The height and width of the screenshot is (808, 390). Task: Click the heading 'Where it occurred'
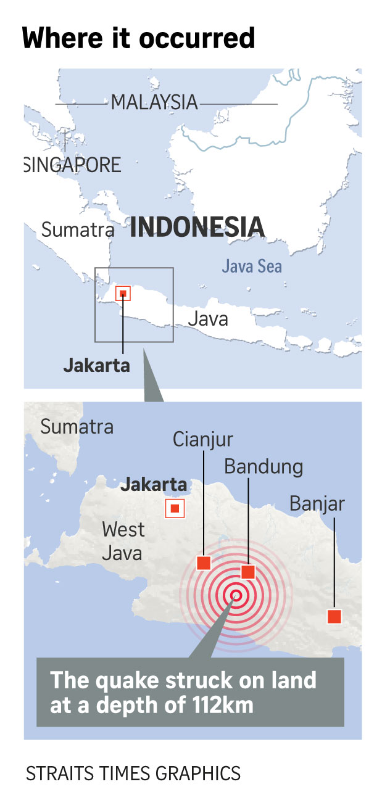[138, 38]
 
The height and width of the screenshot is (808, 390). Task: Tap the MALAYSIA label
[154, 102]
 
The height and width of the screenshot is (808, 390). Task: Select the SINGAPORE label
[73, 165]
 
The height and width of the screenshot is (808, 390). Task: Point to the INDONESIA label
[197, 227]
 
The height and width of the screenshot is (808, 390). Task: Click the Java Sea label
[252, 266]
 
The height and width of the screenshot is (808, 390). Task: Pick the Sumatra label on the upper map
[78, 230]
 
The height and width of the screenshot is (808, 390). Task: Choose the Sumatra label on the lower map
[77, 426]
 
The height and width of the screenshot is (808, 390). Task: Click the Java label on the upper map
[208, 319]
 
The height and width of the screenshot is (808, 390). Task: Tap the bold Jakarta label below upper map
[97, 365]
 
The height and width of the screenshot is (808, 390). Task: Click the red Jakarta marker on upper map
[123, 294]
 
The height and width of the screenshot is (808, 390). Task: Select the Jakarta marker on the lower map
[175, 509]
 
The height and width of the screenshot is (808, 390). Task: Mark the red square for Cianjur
[204, 563]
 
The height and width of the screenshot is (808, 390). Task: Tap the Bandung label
[263, 466]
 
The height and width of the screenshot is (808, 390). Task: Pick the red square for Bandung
[248, 572]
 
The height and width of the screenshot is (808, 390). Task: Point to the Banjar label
[317, 505]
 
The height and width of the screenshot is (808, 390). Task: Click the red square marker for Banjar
[334, 616]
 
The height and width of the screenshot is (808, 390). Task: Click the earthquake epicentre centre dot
[236, 595]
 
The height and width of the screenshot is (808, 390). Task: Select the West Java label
[123, 540]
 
